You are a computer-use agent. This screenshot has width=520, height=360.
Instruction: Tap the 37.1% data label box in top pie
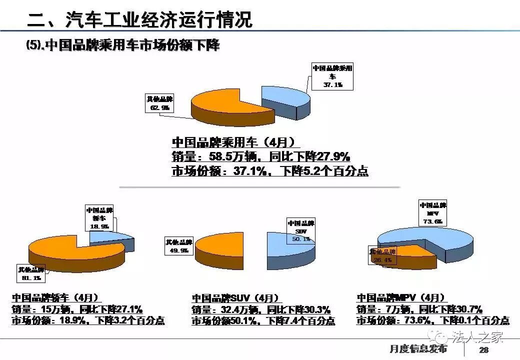[332, 76]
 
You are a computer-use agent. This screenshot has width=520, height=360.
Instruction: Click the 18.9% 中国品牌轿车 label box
[100, 218]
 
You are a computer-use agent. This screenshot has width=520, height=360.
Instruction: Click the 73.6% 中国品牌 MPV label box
[432, 213]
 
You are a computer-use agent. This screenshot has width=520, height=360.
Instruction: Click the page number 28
[483, 350]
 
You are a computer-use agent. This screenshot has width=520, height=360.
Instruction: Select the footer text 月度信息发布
[417, 349]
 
